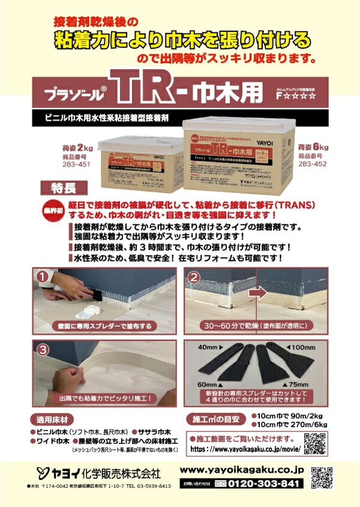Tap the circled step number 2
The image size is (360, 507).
[x=195, y=277]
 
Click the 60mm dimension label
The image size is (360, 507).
[x=206, y=383]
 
